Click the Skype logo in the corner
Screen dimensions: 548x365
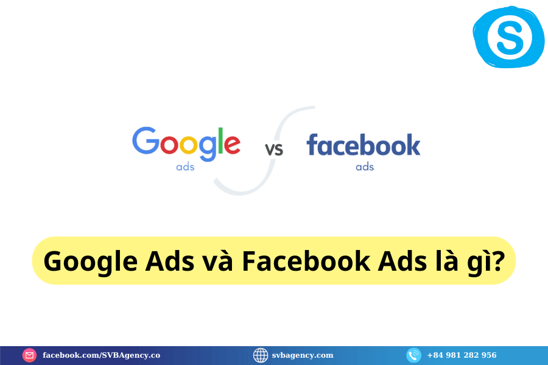[508, 36]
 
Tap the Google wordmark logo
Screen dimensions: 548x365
[186, 144]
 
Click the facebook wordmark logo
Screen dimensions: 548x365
[364, 145]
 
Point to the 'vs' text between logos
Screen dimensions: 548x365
[274, 150]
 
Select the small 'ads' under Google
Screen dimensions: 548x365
[185, 167]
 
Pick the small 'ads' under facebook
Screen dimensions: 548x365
[365, 167]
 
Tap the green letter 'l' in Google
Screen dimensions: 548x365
[220, 141]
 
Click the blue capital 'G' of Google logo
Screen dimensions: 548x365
[146, 140]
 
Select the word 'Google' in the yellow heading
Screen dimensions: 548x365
[91, 262]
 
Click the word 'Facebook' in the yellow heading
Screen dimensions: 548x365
[306, 260]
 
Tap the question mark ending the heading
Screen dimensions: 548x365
[499, 260]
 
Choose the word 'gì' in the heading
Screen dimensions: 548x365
[480, 263]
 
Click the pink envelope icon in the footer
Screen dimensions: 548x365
[30, 355]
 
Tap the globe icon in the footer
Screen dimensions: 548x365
[261, 355]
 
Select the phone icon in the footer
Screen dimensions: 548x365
[414, 355]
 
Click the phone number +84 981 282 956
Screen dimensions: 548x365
[462, 355]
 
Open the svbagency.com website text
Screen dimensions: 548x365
[303, 355]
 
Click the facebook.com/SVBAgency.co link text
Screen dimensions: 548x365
[101, 355]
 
